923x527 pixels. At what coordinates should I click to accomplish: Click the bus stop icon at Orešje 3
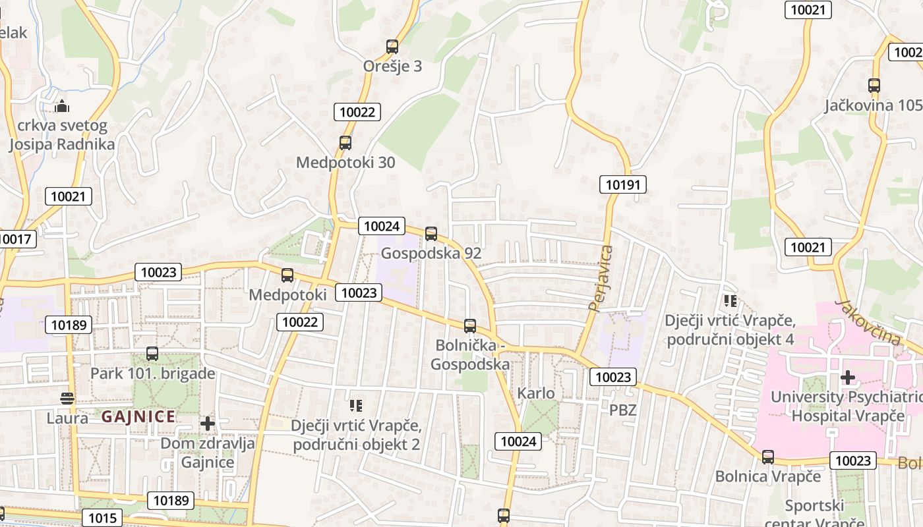[392, 47]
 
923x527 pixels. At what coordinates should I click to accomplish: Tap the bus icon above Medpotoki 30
[345, 142]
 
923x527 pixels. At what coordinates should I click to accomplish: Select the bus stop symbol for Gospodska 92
[431, 233]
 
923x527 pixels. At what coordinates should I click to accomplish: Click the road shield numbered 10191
[622, 184]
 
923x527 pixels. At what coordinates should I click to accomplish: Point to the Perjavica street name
[601, 278]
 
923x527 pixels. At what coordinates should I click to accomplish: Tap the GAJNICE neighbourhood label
[138, 416]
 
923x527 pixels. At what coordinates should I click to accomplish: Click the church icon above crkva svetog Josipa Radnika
[62, 105]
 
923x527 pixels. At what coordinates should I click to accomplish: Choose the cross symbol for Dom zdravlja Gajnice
[208, 423]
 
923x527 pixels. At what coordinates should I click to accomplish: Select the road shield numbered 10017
[15, 239]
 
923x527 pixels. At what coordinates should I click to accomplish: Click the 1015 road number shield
[102, 518]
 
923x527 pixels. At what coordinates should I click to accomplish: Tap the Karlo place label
[536, 393]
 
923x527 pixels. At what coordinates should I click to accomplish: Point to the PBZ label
[622, 410]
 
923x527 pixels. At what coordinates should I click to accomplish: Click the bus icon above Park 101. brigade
[152, 354]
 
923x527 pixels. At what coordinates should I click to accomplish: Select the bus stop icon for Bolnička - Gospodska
[470, 325]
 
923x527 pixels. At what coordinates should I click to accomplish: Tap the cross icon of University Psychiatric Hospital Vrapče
[848, 377]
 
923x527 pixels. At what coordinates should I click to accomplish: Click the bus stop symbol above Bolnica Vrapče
[768, 457]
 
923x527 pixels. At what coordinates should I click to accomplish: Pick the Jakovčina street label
[867, 322]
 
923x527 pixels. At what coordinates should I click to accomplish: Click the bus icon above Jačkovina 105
[874, 86]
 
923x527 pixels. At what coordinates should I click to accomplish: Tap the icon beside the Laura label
[67, 398]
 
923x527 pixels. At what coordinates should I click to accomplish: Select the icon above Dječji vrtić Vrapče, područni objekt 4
[730, 301]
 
